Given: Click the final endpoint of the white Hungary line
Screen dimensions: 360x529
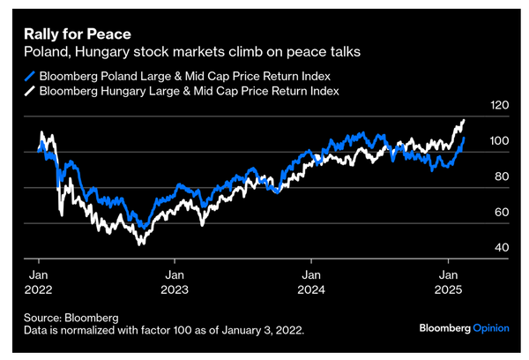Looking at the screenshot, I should pyautogui.click(x=464, y=121).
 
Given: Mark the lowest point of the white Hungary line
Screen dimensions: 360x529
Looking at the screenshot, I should pyautogui.click(x=139, y=243).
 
